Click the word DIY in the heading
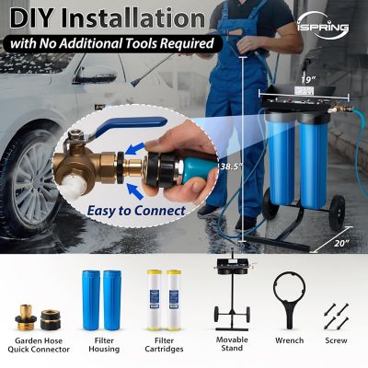pyautogui.click(x=38, y=16)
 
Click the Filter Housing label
pyautogui.click(x=103, y=342)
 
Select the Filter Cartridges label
pyautogui.click(x=166, y=342)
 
